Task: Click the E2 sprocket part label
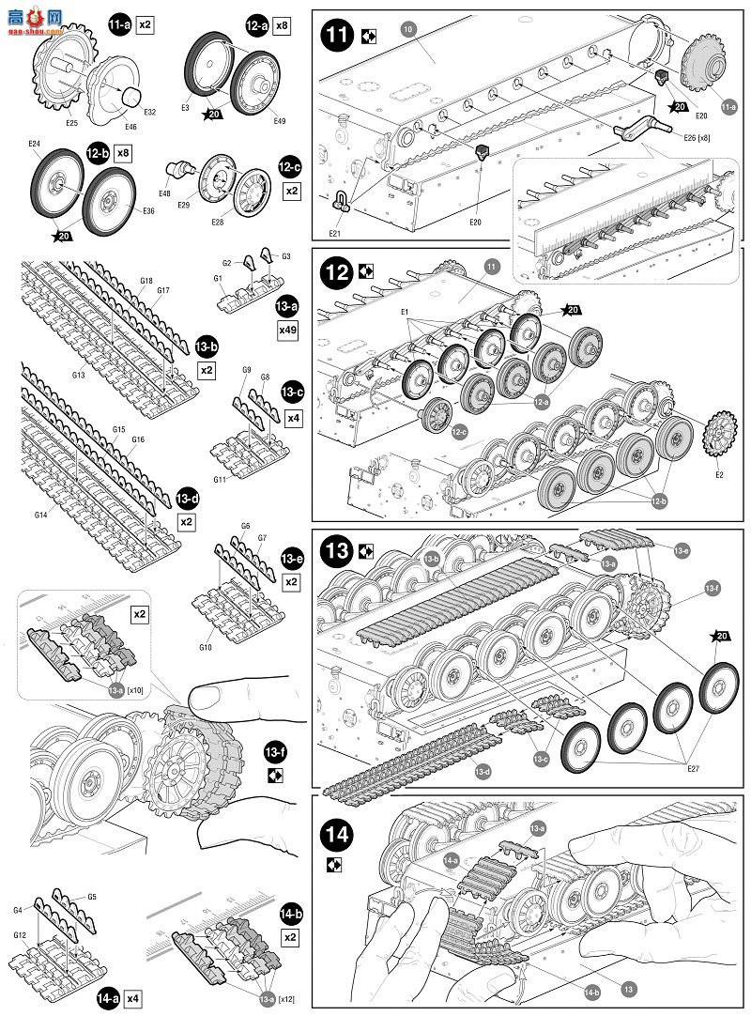tap(719, 475)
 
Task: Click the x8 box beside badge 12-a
tap(284, 26)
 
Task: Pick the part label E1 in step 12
tap(405, 311)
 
